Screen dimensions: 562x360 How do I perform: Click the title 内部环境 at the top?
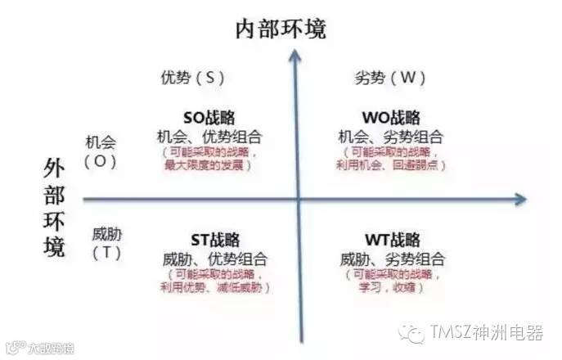pos(281,29)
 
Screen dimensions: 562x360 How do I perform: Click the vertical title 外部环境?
pos(54,209)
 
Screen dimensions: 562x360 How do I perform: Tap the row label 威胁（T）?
pos(107,243)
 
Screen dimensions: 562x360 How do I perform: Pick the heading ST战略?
pos(214,241)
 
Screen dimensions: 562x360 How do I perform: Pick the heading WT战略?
pos(392,241)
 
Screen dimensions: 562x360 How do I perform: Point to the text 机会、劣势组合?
pos(391,136)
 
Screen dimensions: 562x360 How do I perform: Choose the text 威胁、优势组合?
pos(215,259)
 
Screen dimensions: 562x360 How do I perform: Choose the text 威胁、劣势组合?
pos(392,259)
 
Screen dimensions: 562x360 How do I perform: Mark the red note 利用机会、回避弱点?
pos(392,165)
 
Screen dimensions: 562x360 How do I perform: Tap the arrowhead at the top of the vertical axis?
pos(297,56)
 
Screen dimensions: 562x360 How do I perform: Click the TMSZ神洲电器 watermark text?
pos(483,333)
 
